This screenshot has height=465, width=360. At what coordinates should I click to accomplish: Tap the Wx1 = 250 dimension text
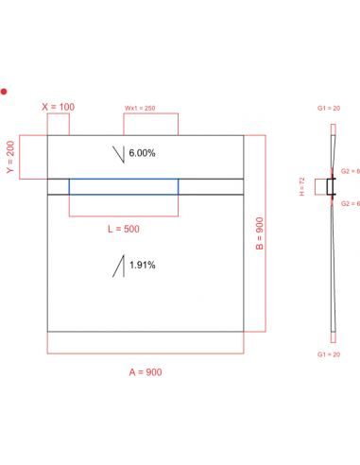coord(140,108)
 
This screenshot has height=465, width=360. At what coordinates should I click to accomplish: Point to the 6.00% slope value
coord(142,153)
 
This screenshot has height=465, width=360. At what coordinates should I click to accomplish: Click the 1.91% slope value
coord(143,266)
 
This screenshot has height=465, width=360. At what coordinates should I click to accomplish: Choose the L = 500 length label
coord(122,230)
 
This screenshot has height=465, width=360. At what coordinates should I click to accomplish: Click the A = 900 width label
coord(146,371)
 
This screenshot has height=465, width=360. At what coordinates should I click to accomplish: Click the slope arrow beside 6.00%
coord(118,154)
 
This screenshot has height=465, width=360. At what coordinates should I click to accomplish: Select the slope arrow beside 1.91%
coord(119,267)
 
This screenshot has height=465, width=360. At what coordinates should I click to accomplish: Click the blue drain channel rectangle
coord(123,186)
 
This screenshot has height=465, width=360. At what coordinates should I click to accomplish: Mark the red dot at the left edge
coord(4,92)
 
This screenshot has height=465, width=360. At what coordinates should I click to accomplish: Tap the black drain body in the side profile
coord(331,187)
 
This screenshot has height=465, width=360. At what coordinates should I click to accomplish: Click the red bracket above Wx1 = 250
coord(151,115)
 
